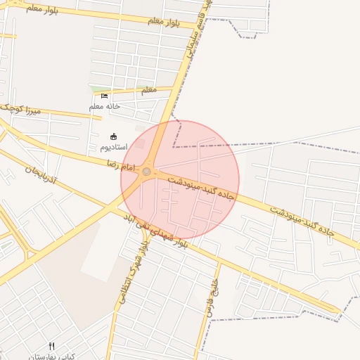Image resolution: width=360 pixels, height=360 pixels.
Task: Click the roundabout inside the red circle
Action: click(x=146, y=172)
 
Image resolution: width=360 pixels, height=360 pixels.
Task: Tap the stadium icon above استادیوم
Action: click(x=114, y=136)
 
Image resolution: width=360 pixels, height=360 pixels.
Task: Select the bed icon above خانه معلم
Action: click(x=105, y=96)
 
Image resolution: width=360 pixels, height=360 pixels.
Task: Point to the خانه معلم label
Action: click(x=105, y=106)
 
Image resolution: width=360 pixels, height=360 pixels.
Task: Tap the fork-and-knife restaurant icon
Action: click(x=51, y=346)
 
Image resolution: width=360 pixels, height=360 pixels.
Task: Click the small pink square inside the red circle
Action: click(x=141, y=143)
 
